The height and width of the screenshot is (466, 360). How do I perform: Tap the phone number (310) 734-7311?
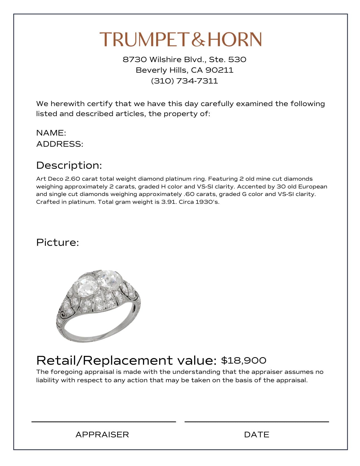[x=184, y=81]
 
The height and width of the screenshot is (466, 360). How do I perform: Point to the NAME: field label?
[x=51, y=133]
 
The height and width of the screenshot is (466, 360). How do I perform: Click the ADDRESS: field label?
[x=60, y=144]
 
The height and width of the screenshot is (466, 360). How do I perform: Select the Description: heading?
[x=69, y=165]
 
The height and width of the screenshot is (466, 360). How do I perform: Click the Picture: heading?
[x=58, y=242]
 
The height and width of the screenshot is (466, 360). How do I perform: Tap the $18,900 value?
[x=243, y=360]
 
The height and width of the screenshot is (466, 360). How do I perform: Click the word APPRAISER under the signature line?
[x=102, y=435]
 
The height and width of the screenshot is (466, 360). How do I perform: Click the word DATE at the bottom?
[x=257, y=435]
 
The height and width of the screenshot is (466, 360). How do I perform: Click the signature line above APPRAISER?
[x=103, y=422]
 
